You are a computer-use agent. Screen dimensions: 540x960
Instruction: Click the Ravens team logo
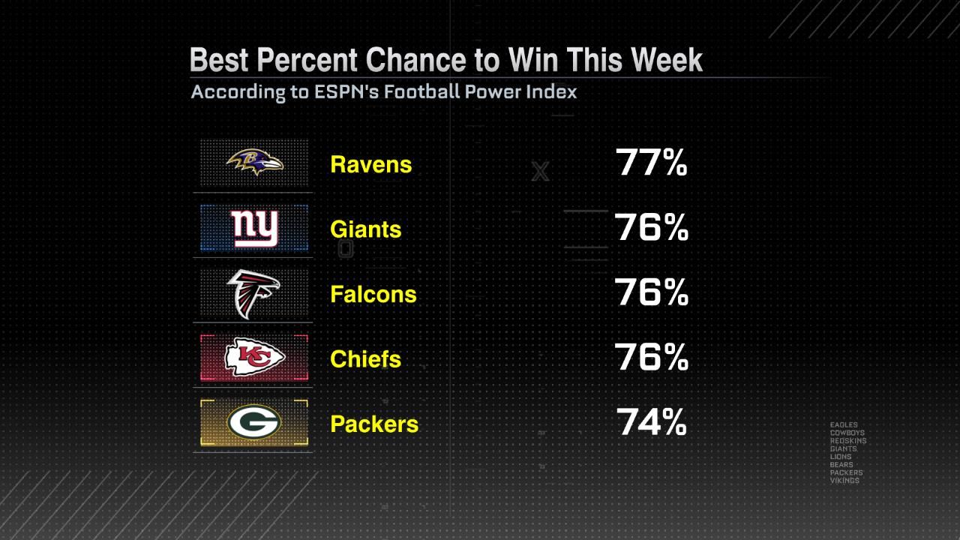(x=255, y=162)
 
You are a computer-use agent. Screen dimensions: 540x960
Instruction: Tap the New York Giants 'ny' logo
(x=254, y=228)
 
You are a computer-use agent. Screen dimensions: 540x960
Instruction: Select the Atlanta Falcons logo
(x=253, y=293)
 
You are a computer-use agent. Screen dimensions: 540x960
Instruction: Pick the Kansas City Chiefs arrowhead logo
(x=255, y=358)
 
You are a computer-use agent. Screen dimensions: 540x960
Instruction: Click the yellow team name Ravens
(x=370, y=164)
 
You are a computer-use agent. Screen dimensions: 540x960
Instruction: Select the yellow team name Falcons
(x=373, y=294)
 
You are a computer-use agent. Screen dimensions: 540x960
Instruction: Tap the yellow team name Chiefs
(x=365, y=358)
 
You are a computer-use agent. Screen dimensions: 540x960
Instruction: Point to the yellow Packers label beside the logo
(x=373, y=424)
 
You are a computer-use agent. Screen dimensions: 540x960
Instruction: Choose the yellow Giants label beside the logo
(x=365, y=229)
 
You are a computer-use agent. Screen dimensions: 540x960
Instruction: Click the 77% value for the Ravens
(x=651, y=163)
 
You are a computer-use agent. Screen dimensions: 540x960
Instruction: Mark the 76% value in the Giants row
(x=651, y=228)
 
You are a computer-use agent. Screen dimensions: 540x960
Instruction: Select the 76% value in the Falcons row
(x=651, y=293)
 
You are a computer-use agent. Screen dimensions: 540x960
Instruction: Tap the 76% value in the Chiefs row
(x=651, y=358)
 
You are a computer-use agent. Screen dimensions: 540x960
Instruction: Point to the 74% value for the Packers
(x=651, y=423)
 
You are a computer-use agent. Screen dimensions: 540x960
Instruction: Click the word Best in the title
(x=217, y=60)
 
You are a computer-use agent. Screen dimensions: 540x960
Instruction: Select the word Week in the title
(x=663, y=60)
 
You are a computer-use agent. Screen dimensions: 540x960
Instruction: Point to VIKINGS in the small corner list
(x=844, y=481)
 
